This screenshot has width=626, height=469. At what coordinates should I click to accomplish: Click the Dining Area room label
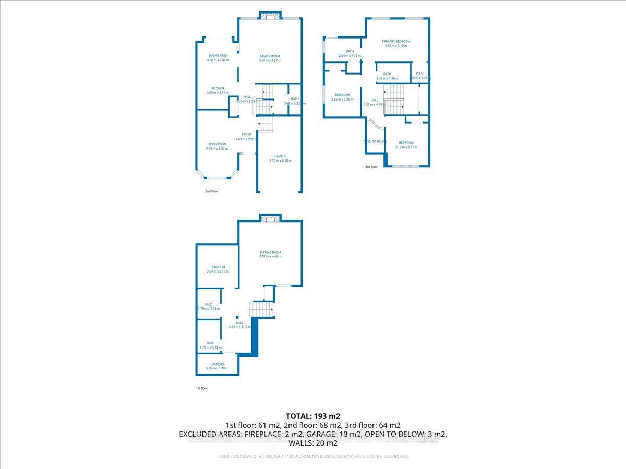(218, 55)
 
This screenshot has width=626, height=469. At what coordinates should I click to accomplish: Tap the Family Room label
(270, 56)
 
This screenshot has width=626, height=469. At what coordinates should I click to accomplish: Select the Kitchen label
(218, 88)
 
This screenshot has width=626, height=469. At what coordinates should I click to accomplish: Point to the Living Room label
(217, 144)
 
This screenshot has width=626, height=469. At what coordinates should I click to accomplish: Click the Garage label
(280, 156)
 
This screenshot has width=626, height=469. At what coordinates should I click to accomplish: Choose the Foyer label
(247, 134)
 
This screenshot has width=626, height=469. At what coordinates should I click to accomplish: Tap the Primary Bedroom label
(396, 41)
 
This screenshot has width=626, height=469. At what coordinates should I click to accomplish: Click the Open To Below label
(375, 141)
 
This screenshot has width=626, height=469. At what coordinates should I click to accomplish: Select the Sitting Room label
(270, 252)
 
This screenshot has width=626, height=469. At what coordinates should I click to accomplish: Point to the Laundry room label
(218, 364)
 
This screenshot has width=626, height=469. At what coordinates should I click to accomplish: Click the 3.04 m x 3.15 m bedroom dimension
(218, 271)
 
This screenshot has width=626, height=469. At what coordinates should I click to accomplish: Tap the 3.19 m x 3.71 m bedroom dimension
(406, 147)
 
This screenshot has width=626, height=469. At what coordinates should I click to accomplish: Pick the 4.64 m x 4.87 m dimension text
(270, 61)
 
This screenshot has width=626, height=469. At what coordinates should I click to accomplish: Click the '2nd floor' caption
(211, 191)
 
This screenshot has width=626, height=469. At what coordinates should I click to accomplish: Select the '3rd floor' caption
(371, 167)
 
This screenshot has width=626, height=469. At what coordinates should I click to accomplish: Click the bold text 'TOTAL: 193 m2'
(313, 416)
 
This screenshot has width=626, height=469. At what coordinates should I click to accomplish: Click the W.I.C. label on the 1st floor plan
(208, 305)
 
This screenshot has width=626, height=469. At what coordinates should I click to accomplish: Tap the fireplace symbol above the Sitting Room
(270, 219)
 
